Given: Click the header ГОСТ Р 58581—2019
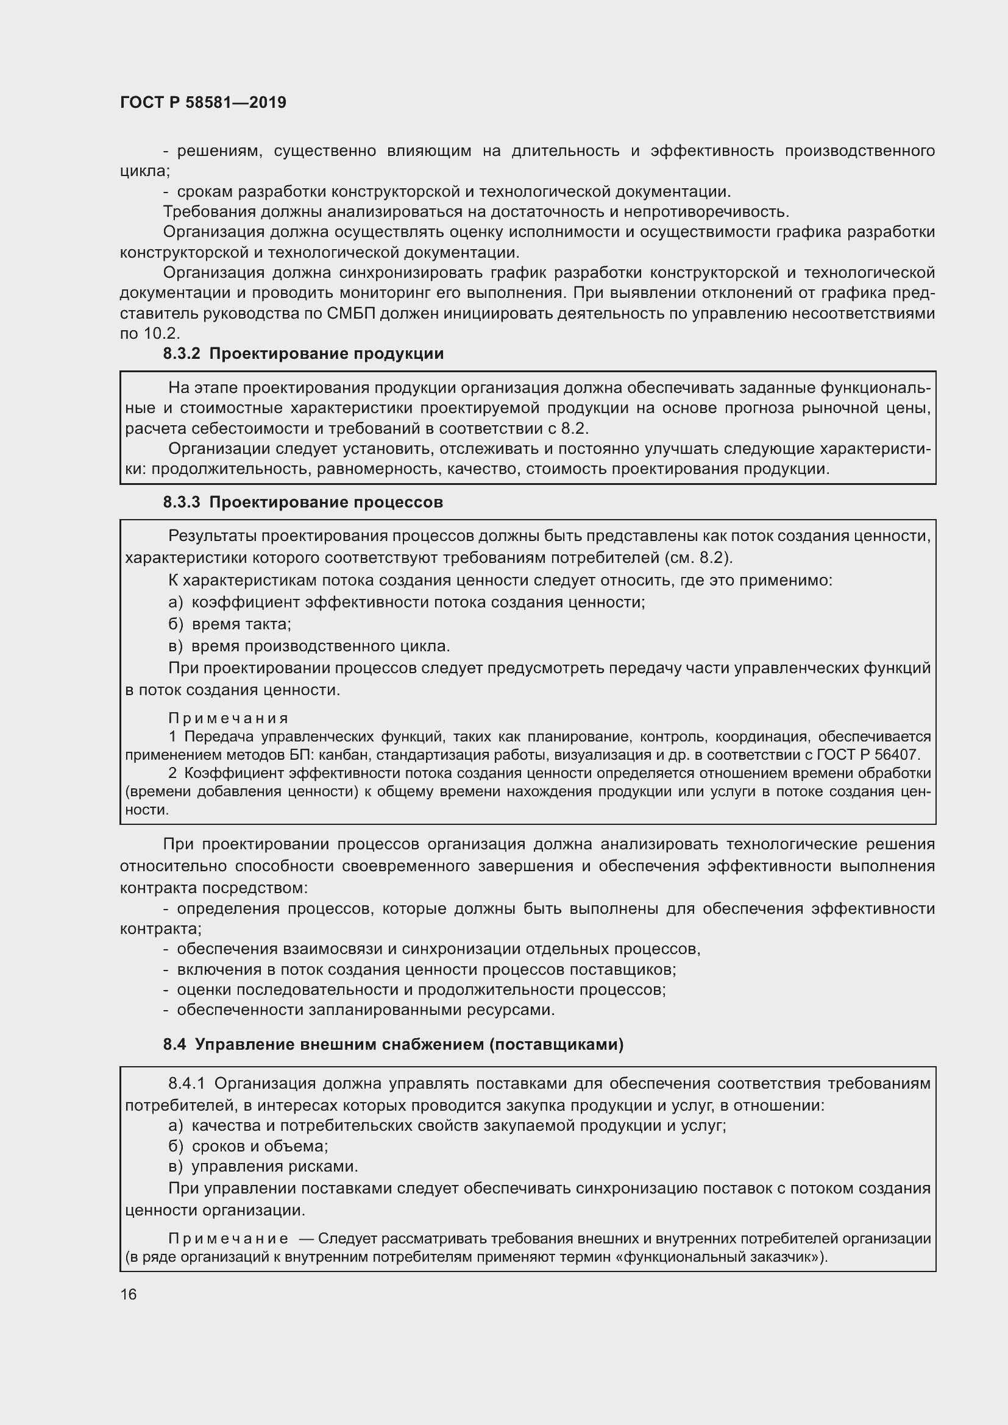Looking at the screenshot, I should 203,103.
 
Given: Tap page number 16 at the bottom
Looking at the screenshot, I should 129,1294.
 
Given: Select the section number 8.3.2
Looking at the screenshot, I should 181,354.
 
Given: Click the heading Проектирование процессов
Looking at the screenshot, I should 326,502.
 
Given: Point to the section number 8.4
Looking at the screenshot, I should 174,1045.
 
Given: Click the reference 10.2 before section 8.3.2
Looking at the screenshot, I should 161,334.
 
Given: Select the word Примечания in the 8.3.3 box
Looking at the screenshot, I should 229,718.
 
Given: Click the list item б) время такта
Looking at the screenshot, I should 230,624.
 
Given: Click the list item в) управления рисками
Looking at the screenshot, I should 263,1166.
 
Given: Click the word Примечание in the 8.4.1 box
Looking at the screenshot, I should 228,1239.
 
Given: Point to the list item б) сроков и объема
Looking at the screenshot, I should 248,1146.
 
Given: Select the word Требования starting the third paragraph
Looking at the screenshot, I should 209,211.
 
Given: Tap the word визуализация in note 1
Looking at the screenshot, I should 594,755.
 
